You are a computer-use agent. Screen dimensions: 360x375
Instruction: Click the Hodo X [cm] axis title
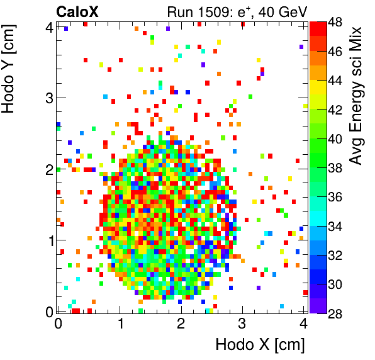click(x=260, y=345)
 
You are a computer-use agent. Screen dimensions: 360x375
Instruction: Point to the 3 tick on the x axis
click(x=242, y=323)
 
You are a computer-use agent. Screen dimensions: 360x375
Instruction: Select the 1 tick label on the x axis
click(x=120, y=323)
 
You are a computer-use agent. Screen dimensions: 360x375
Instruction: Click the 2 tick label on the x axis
click(x=181, y=323)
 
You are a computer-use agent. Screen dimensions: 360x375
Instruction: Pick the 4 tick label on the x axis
click(x=303, y=323)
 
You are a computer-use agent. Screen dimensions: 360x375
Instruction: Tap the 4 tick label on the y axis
click(x=48, y=26)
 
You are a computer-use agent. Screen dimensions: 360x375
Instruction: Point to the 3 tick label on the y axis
click(x=48, y=98)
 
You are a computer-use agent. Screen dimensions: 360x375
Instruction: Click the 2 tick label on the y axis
click(x=48, y=169)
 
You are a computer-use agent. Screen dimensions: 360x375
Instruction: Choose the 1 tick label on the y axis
click(x=48, y=240)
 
